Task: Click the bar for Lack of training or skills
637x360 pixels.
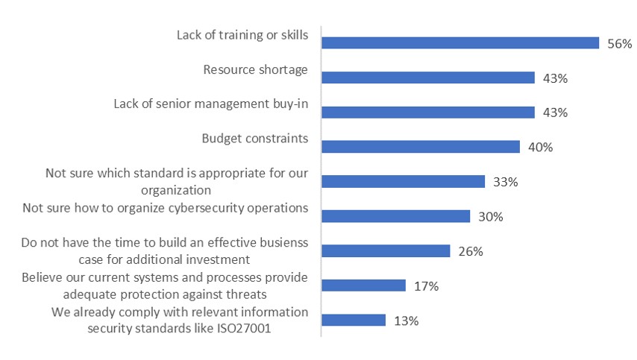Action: [x=460, y=43]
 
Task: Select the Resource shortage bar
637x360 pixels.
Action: [x=428, y=78]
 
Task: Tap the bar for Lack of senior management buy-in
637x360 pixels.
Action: [x=428, y=113]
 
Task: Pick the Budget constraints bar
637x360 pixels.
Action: [x=421, y=147]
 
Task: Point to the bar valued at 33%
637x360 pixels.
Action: [x=403, y=182]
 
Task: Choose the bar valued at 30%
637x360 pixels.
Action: [x=395, y=216]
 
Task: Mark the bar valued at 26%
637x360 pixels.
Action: [x=386, y=251]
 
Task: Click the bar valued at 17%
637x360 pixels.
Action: [x=363, y=285]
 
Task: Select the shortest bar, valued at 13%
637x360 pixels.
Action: [x=354, y=320]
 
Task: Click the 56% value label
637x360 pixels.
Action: [x=619, y=44]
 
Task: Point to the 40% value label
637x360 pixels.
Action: [x=540, y=148]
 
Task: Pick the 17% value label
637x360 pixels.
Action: [x=426, y=286]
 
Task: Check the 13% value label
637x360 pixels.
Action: [x=407, y=321]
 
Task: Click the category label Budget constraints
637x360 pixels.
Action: [x=254, y=139]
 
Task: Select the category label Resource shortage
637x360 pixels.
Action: [x=255, y=70]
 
